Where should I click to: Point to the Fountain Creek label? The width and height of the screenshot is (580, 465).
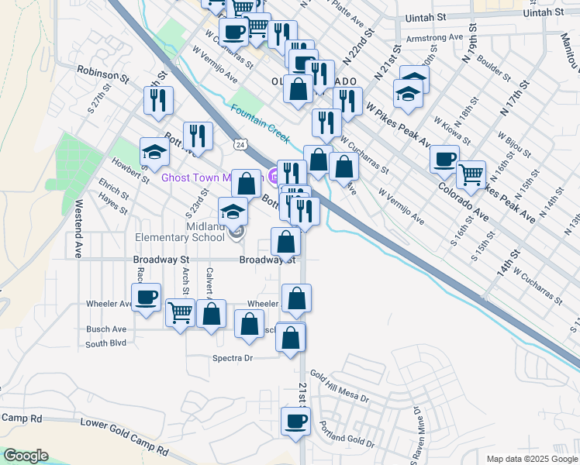pyautogui.click(x=260, y=123)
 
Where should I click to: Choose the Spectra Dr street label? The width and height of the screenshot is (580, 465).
pyautogui.click(x=233, y=358)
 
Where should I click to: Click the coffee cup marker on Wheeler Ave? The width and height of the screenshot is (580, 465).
pyautogui.click(x=146, y=297)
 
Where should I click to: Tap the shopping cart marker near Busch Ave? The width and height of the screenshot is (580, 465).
pyautogui.click(x=180, y=313)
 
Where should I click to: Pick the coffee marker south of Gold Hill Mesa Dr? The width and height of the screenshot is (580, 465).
pyautogui.click(x=295, y=422)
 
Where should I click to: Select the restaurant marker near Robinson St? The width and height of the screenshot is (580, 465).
pyautogui.click(x=158, y=100)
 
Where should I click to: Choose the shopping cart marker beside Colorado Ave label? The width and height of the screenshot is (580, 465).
pyautogui.click(x=471, y=174)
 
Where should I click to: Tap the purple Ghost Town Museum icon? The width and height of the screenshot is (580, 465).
pyautogui.click(x=272, y=177)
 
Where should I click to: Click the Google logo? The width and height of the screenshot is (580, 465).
pyautogui.click(x=25, y=456)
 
